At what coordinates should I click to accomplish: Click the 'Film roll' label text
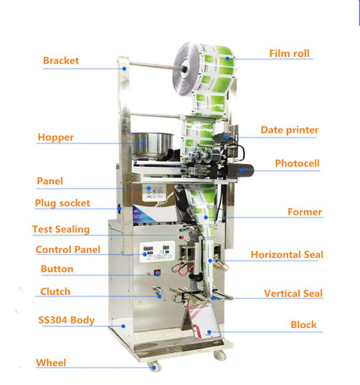coord(289,54)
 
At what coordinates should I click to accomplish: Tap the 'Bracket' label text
coord(61,60)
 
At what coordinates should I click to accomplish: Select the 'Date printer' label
coord(290,130)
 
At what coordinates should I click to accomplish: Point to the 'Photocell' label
coord(297,163)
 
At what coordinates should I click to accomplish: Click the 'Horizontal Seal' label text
coord(287,255)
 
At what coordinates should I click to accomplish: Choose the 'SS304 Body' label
coord(66,320)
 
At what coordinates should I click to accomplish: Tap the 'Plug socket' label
coord(63,203)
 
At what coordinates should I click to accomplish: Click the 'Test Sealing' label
coord(61,229)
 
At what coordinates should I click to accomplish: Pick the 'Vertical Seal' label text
coord(293,294)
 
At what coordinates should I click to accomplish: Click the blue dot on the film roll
coord(228,58)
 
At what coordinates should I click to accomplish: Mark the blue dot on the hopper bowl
coord(143,143)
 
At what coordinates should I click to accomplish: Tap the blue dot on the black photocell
coord(241,170)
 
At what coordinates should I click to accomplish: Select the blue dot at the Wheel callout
coord(154,368)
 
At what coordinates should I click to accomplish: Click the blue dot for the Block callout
coord(209,332)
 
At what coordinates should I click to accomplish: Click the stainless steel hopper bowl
coord(152,145)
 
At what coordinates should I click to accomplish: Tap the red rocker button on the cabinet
coord(157,273)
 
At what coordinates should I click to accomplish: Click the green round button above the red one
coord(182,230)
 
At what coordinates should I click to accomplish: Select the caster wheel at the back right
coord(220,355)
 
